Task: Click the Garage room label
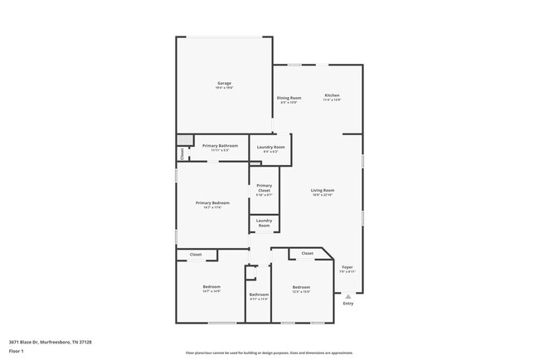coord(224,85)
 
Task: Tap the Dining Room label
coord(289,99)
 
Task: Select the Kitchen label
coord(332,97)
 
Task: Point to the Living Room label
coord(323,192)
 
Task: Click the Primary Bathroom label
coord(221,147)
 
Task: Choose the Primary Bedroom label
coord(212,204)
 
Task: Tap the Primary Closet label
coord(264,190)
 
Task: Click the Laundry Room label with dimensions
coord(270,148)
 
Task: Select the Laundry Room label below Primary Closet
coord(264,223)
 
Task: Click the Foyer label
coord(347,269)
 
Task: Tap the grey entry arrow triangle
coord(348,295)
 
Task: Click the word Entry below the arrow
coord(348,303)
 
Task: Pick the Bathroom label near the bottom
coord(259,296)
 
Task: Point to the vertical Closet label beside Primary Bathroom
coord(182,154)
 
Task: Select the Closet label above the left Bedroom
coord(196,255)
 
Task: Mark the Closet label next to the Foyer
coord(307,253)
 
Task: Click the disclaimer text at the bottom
coord(269,353)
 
